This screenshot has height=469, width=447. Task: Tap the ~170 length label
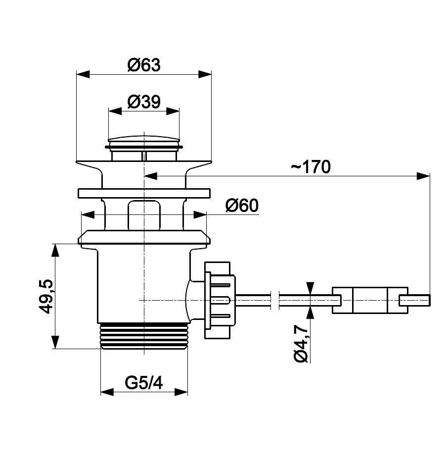[311, 166]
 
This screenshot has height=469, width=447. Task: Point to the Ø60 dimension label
[242, 206]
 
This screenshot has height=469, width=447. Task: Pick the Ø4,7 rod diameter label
[301, 344]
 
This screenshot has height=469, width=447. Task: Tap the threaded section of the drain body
[144, 336]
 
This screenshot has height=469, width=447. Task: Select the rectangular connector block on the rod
[370, 300]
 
